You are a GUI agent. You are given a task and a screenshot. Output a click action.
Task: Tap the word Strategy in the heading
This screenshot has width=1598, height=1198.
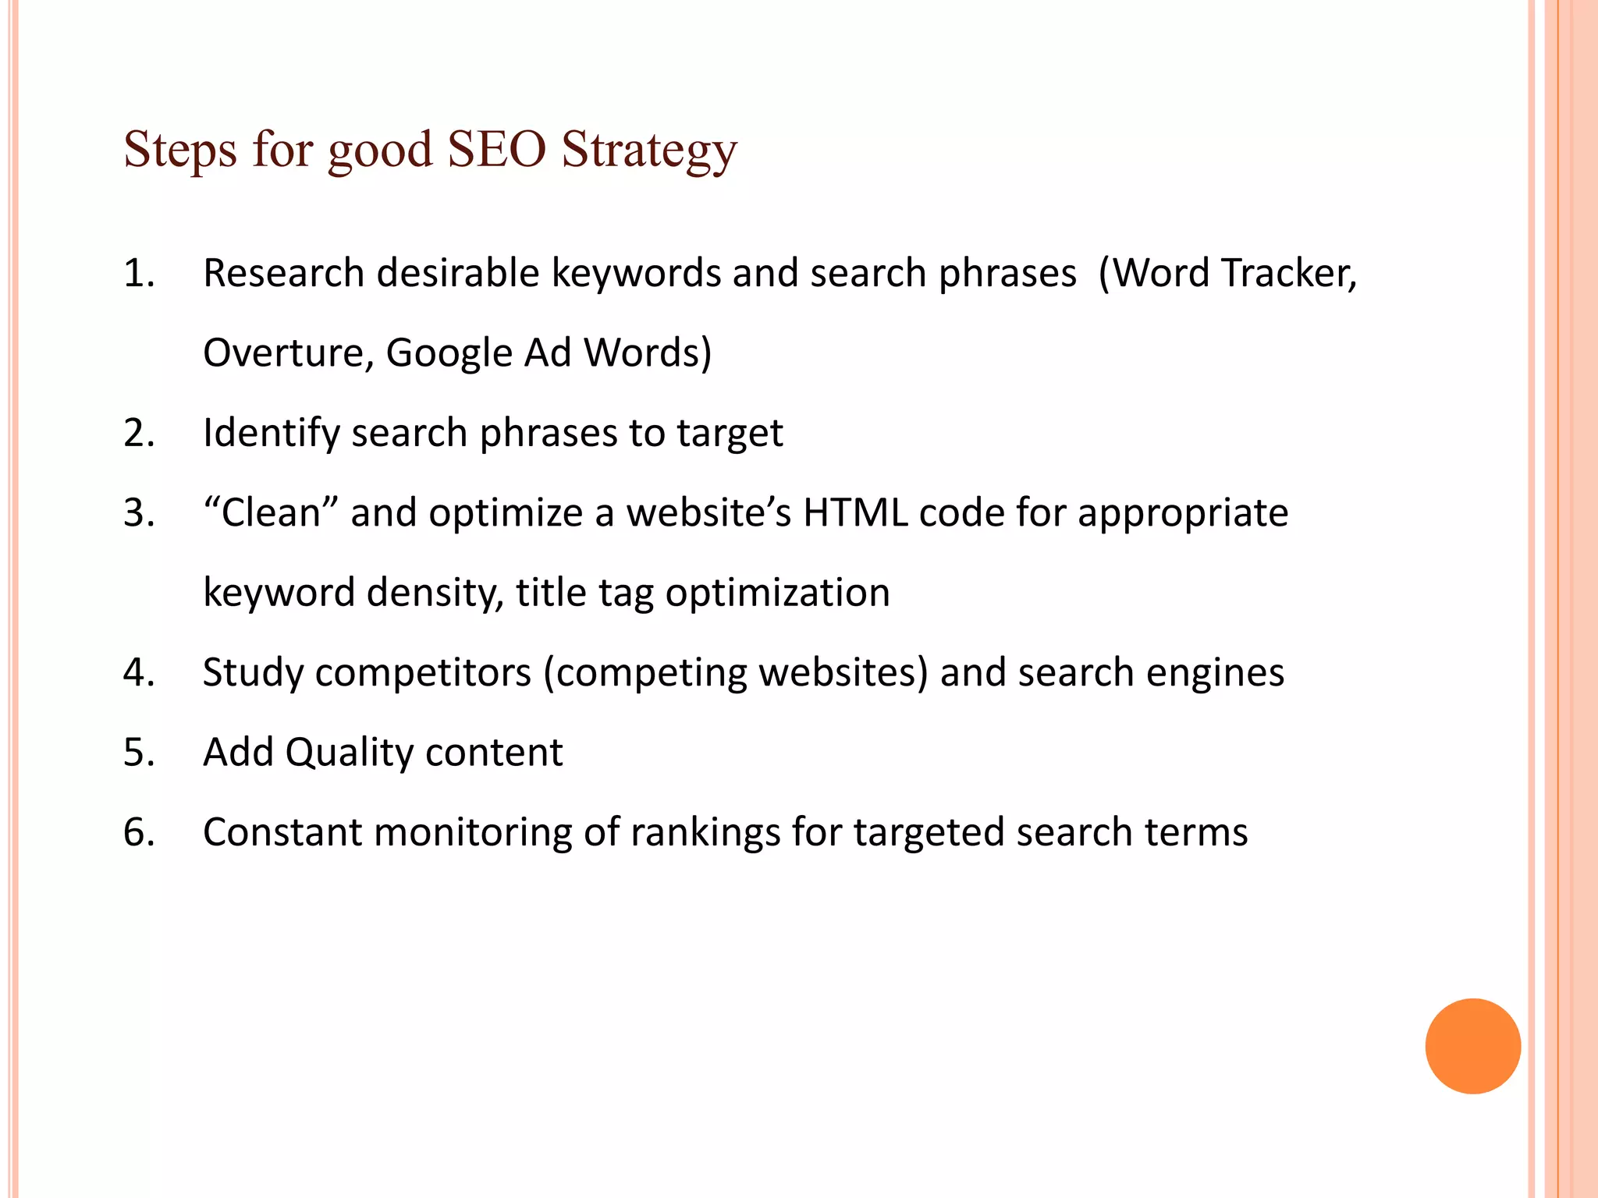pyautogui.click(x=649, y=150)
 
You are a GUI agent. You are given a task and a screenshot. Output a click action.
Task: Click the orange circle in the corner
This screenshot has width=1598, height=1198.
pyautogui.click(x=1472, y=1046)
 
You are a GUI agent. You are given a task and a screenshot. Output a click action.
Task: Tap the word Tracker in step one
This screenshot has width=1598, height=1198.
pyautogui.click(x=1289, y=273)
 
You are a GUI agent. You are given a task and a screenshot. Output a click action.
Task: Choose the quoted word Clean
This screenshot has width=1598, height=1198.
pyautogui.click(x=271, y=513)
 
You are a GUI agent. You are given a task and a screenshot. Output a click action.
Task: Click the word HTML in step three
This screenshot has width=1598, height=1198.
pyautogui.click(x=856, y=513)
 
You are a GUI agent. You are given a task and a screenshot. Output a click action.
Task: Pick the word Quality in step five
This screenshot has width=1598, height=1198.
pyautogui.click(x=349, y=753)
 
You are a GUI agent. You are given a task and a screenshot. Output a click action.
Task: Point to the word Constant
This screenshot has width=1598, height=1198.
pyautogui.click(x=282, y=832)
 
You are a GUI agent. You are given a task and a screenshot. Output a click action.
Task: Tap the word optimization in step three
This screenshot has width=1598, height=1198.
pyautogui.click(x=777, y=594)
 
